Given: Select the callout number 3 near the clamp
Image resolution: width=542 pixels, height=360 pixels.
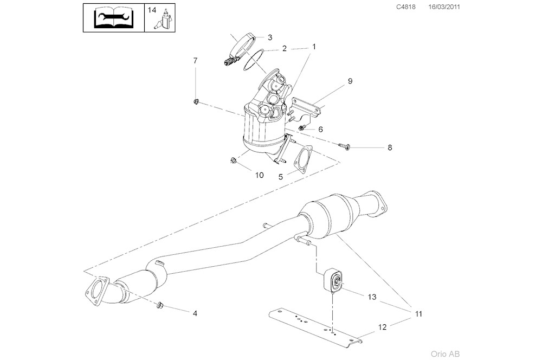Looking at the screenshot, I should point(269,37).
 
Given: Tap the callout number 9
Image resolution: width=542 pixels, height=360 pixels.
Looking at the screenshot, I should point(350,81).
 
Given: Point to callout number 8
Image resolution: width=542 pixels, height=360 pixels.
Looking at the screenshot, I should point(390,147).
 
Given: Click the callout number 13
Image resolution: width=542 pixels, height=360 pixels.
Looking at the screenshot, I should point(372,297).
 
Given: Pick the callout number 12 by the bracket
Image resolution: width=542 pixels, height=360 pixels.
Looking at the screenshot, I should point(382,327).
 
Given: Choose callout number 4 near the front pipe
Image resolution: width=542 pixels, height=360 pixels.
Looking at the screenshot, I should point(194,313).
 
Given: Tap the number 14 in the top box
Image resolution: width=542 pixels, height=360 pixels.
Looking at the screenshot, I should point(152,10).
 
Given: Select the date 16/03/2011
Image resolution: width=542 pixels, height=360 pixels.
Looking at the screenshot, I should point(444,7).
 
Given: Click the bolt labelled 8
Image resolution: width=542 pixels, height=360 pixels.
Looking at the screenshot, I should point(344,145).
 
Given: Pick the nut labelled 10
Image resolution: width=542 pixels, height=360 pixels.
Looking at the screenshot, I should point(233,160).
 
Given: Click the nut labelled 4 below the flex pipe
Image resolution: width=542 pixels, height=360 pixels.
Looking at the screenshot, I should point(159,306).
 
